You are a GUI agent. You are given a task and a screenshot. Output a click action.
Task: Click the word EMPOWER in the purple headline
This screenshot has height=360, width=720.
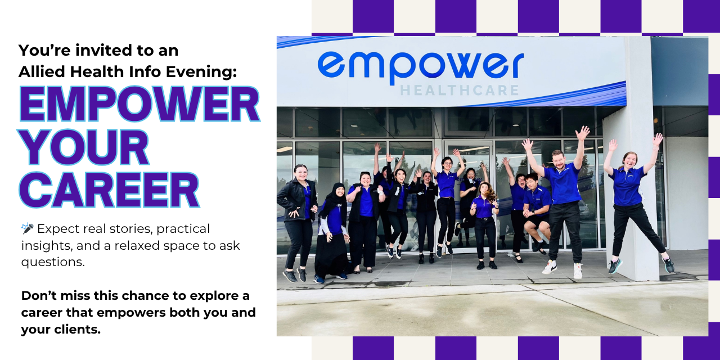click(139, 104)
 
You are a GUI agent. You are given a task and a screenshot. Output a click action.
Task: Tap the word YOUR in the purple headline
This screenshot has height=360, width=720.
click(85, 147)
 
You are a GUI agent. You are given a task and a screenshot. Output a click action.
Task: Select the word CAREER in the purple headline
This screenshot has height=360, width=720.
click(109, 190)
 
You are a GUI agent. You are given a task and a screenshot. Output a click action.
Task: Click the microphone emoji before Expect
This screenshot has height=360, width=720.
click(28, 228)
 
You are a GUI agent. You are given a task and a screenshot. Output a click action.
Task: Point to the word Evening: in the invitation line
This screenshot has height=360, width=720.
click(201, 71)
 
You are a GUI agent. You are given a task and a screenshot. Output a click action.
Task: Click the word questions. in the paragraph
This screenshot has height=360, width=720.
click(53, 263)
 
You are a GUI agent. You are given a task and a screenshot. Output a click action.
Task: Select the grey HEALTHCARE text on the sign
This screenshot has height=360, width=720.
click(460, 91)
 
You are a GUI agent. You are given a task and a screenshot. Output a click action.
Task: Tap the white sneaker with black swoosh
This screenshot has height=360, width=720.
click(550, 267)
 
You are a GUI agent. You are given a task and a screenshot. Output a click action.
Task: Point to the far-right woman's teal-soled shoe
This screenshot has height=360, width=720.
click(615, 266)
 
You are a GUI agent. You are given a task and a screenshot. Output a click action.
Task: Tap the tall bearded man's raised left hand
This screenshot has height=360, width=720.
click(582, 133)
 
